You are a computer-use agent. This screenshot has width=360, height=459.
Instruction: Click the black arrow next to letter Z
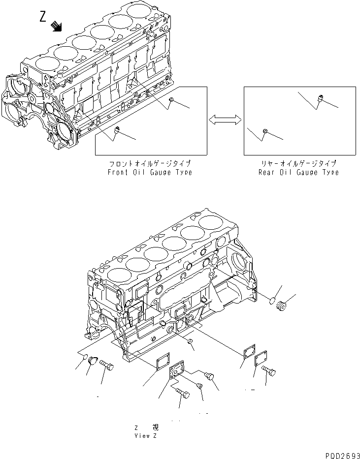(57, 27)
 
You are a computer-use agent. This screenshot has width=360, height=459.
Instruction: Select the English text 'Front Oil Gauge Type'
(150, 172)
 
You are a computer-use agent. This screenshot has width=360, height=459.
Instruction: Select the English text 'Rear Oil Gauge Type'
(299, 172)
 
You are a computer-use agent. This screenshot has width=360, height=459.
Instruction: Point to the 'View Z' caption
(146, 436)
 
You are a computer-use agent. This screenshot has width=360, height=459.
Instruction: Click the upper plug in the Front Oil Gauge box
(171, 101)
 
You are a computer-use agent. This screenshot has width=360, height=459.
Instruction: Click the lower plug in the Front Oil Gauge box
(117, 130)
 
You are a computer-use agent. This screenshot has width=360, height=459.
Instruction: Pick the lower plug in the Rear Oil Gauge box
(265, 131)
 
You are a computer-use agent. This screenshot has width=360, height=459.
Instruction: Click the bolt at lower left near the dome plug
(107, 366)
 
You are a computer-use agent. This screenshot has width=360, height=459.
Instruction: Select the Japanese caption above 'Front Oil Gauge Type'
(150, 163)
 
